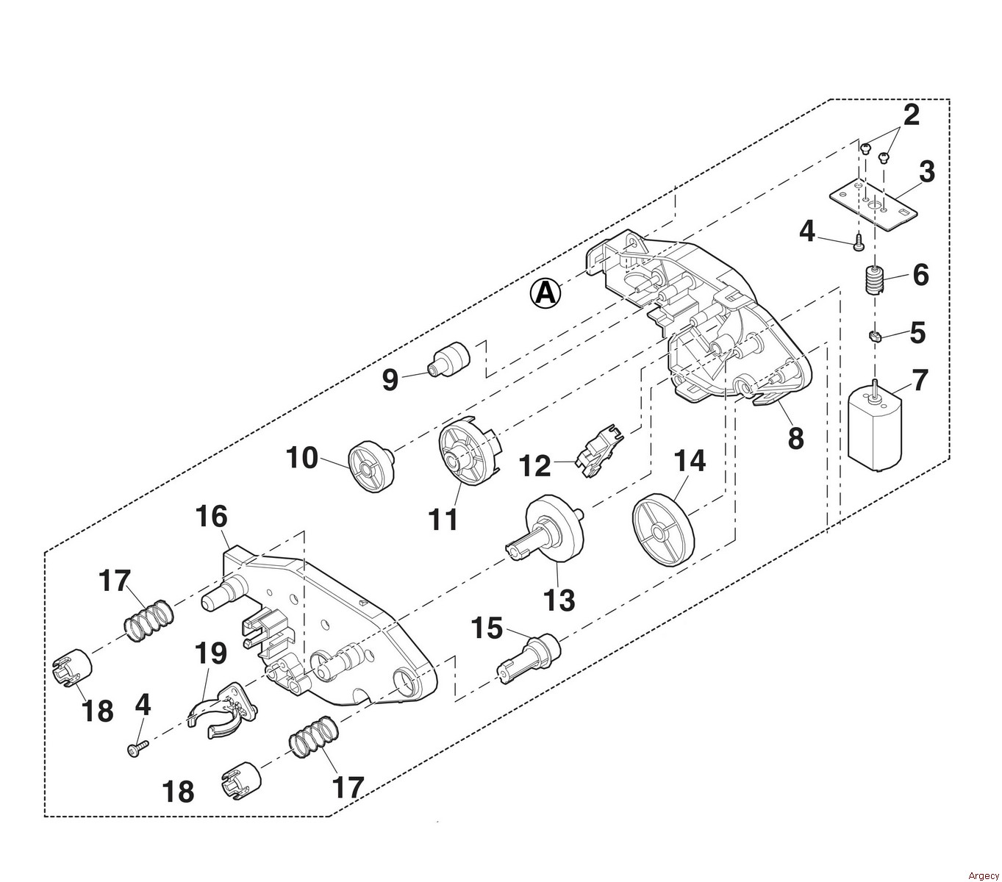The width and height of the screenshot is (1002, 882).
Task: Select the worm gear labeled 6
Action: (x=873, y=281)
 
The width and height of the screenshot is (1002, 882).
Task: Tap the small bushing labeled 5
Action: (x=875, y=337)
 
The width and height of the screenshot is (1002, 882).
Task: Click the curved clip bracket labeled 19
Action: (x=223, y=709)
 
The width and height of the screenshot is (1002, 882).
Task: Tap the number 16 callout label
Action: (x=212, y=517)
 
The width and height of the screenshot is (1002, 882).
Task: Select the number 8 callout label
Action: (x=795, y=438)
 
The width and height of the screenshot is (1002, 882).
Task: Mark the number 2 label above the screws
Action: (x=910, y=115)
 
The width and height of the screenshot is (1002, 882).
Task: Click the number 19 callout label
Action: (x=211, y=652)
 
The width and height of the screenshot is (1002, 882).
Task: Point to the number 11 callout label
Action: (x=443, y=519)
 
